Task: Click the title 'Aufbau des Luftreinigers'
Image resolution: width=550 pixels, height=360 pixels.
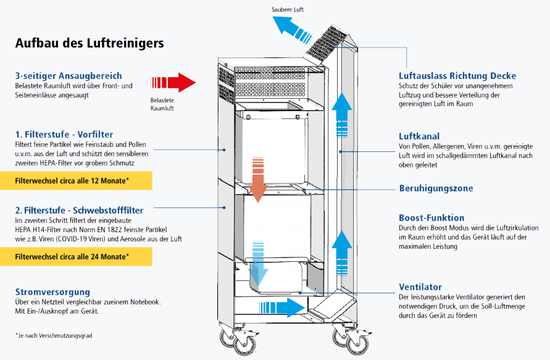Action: coord(90,43)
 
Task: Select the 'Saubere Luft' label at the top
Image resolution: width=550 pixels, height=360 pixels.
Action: coord(288,10)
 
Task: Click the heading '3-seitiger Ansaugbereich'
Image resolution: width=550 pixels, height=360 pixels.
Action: coord(69,76)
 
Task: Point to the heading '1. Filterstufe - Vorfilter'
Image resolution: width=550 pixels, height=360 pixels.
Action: coord(64,134)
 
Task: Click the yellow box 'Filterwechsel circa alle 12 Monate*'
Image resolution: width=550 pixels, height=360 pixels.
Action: coord(76,181)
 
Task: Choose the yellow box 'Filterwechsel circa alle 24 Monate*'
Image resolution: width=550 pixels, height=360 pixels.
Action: coord(76,256)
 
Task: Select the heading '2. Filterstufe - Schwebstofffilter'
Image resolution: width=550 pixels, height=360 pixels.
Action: coord(79,209)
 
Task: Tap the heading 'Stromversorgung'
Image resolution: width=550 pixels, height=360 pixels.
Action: coord(53,291)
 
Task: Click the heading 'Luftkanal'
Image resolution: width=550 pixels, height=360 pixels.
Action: coord(420,136)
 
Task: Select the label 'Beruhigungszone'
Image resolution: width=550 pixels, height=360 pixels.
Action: coord(436,188)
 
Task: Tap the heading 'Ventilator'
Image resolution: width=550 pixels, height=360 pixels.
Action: coord(421,287)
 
